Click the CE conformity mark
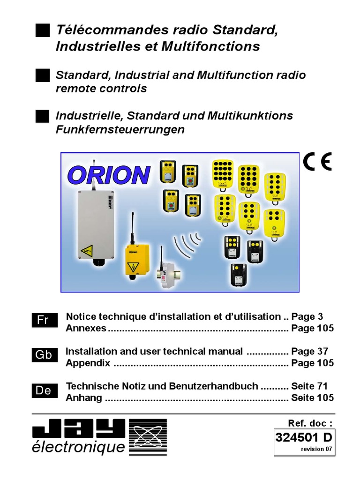(x=317, y=162)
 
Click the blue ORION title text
(x=109, y=175)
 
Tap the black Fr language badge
(x=44, y=321)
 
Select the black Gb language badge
(x=44, y=355)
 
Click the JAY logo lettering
(x=79, y=428)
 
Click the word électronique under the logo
(x=79, y=448)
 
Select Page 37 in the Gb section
(x=309, y=351)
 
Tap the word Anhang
(x=84, y=398)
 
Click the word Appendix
(x=88, y=363)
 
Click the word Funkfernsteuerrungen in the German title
(x=120, y=130)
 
